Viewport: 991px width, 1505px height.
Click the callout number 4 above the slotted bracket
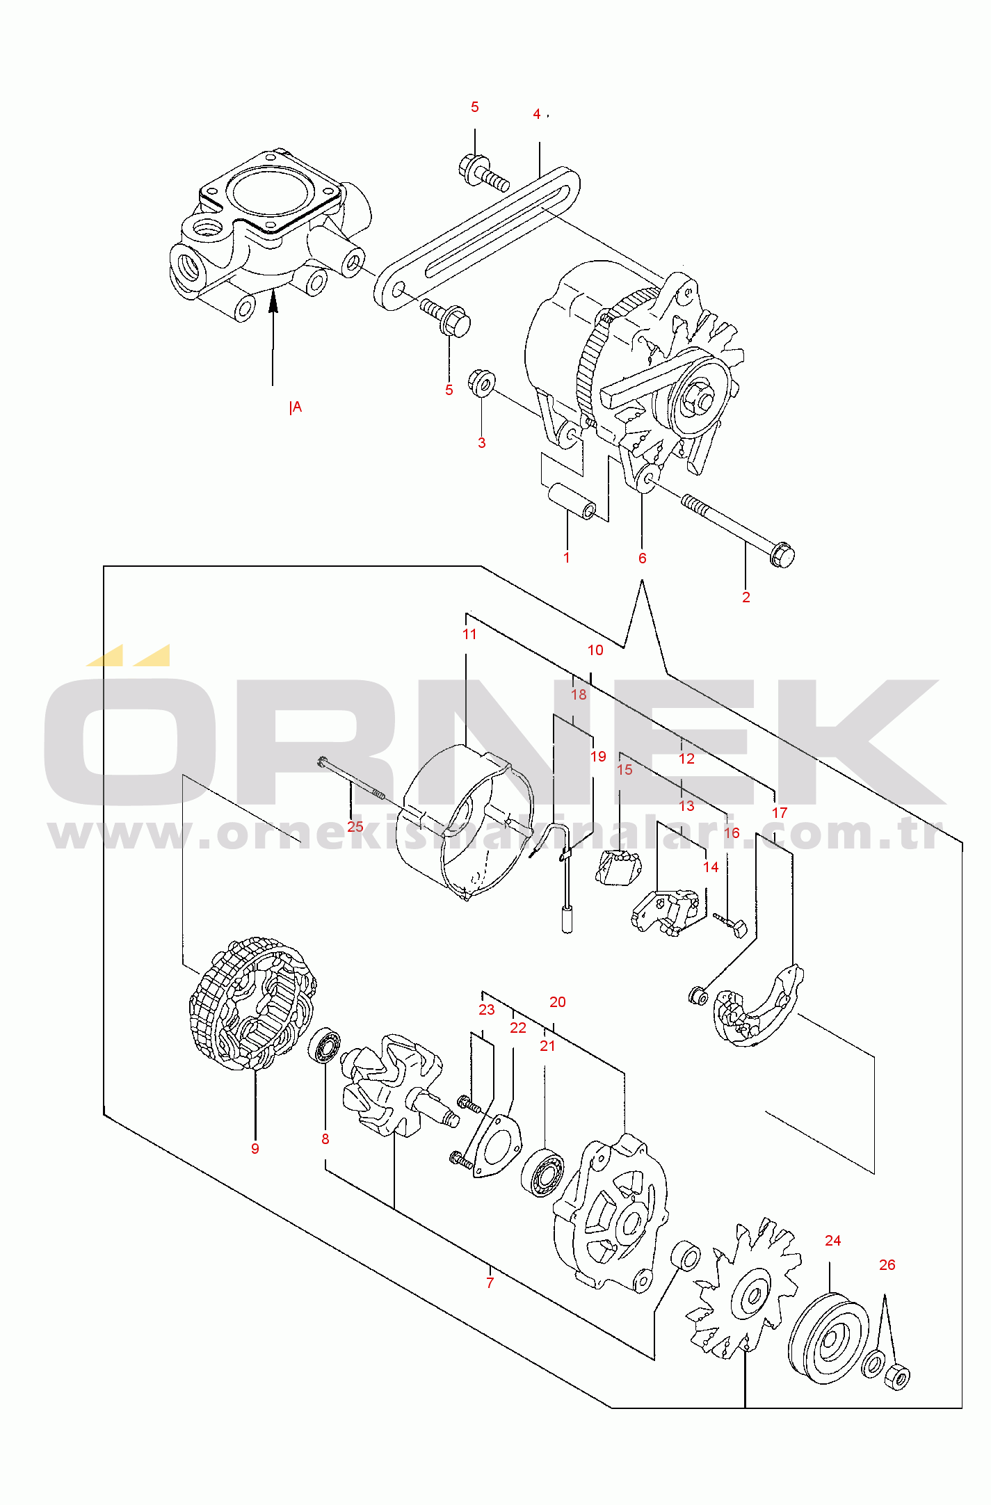click(536, 114)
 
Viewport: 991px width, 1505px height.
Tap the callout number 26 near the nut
click(887, 1265)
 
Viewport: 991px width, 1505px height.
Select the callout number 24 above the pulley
click(832, 1241)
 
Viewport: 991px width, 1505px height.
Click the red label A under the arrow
click(298, 407)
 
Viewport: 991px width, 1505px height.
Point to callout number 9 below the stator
click(255, 1149)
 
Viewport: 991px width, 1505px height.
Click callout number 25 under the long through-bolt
click(355, 827)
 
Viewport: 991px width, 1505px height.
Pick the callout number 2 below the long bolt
click(746, 597)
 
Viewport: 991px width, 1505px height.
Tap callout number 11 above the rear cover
click(469, 634)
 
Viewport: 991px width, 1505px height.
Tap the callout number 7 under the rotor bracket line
click(490, 1283)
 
